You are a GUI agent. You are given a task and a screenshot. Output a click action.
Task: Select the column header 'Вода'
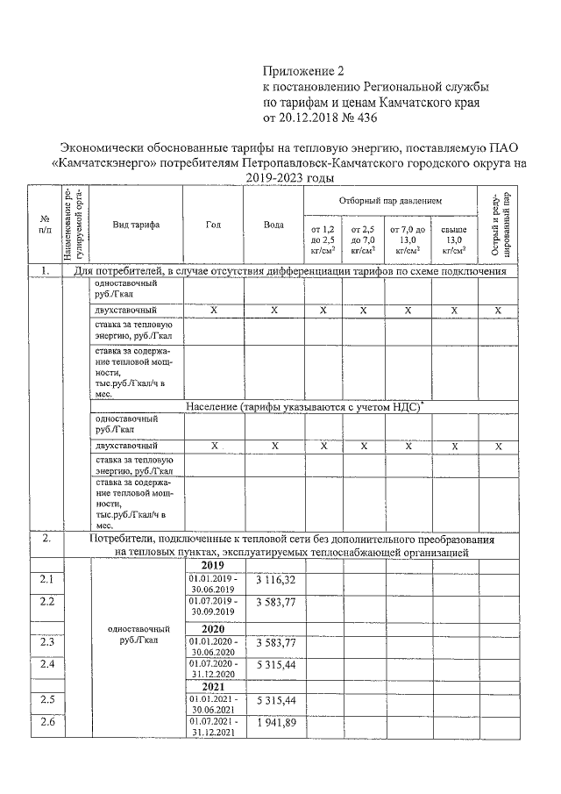coord(273,225)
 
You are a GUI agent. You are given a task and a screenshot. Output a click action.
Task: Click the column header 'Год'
coord(213,225)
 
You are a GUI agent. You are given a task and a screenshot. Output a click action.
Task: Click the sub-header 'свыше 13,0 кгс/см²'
coord(454,240)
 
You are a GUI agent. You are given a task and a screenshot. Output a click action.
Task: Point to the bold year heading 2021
coord(214,686)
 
